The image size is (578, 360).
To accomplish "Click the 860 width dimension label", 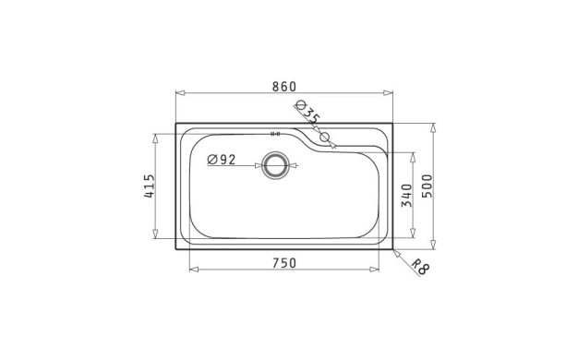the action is click(x=283, y=86).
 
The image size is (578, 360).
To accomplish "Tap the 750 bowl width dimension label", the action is click(x=284, y=263).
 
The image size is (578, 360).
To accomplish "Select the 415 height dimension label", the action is click(x=150, y=186).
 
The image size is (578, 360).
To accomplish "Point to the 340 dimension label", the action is click(x=406, y=196).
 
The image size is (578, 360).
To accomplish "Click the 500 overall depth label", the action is click(x=427, y=186).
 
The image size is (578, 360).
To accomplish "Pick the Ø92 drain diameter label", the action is click(x=222, y=160).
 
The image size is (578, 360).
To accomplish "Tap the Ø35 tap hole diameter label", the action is click(x=308, y=112).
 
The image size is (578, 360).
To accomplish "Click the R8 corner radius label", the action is click(x=420, y=267).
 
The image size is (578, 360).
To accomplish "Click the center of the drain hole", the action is click(x=274, y=165).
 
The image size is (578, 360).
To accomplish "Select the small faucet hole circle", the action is click(x=324, y=137).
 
